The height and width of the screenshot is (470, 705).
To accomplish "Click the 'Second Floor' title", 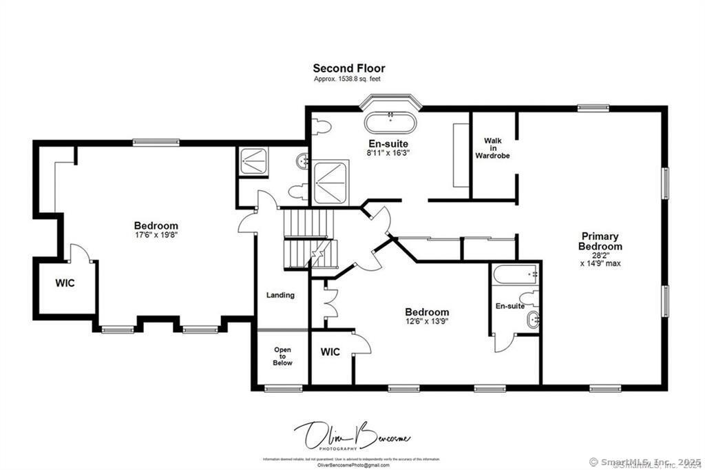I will [x=349, y=68].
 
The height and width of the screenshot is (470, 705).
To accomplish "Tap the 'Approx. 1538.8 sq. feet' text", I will [x=347, y=79].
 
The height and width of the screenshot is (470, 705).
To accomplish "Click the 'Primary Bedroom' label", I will [x=600, y=241].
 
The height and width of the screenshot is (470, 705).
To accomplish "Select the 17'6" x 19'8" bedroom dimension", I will [x=156, y=235].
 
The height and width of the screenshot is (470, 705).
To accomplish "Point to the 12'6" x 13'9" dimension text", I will [x=427, y=322].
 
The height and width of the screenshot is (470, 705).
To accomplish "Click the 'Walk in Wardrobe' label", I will [x=492, y=148].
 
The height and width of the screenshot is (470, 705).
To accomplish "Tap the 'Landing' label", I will [x=280, y=295].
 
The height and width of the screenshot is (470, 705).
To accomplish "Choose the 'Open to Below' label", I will [x=282, y=356].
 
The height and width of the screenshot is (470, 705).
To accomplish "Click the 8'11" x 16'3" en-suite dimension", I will [x=389, y=152].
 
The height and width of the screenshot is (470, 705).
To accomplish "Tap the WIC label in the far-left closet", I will [x=65, y=283].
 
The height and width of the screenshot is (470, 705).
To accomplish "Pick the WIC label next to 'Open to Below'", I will [x=330, y=352].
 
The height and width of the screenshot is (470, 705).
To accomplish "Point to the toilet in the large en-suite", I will [x=321, y=127].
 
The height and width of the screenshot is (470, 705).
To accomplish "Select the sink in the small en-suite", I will [x=532, y=320].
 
